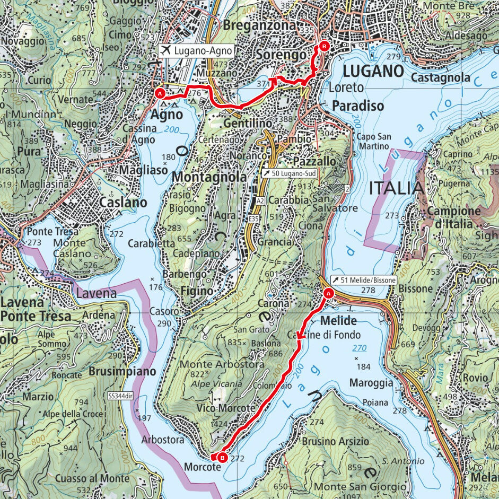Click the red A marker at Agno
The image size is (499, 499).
click(x=160, y=93)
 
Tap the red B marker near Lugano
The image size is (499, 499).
click(x=323, y=46)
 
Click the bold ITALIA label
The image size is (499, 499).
click(x=396, y=188)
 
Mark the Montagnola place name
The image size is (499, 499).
click(x=209, y=178)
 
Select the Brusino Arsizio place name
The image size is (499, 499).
click(x=336, y=441)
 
